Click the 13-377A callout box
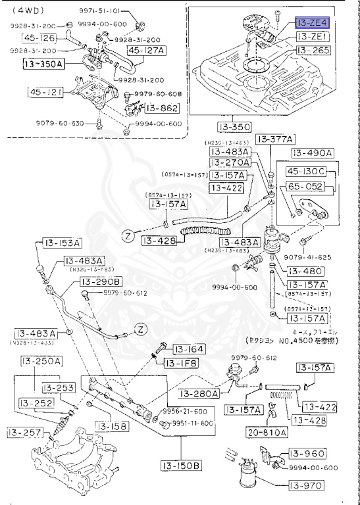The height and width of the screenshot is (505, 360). pyautogui.click(x=275, y=139)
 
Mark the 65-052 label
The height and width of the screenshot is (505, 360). pyautogui.click(x=309, y=187)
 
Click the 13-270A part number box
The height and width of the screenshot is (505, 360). pyautogui.click(x=230, y=162)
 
